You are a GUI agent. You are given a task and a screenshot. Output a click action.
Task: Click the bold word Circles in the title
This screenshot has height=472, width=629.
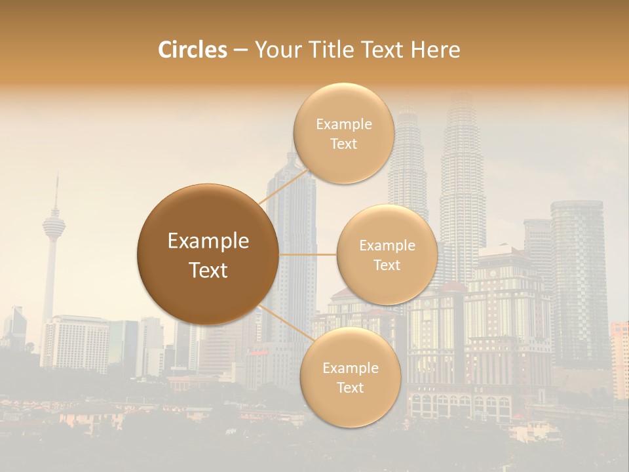(x=192, y=50)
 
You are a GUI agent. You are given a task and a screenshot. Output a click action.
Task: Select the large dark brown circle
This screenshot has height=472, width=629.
(x=208, y=254)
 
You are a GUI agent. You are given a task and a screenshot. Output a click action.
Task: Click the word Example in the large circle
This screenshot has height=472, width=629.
(x=208, y=241)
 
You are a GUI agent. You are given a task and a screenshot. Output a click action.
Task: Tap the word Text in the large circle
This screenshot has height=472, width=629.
(x=208, y=270)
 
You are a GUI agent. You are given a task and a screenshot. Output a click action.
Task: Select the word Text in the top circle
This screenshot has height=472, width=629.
(x=343, y=144)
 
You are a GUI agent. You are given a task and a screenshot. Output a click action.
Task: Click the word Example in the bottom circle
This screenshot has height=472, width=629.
(x=350, y=368)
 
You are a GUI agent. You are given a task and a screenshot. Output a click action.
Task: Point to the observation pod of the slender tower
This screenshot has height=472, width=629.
(x=54, y=225)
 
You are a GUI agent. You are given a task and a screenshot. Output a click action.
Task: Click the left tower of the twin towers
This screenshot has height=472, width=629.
(x=408, y=164)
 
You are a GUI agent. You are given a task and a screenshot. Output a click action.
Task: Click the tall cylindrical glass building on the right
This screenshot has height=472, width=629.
(x=577, y=275)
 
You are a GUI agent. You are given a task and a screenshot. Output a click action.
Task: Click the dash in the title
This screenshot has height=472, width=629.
(x=240, y=50)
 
